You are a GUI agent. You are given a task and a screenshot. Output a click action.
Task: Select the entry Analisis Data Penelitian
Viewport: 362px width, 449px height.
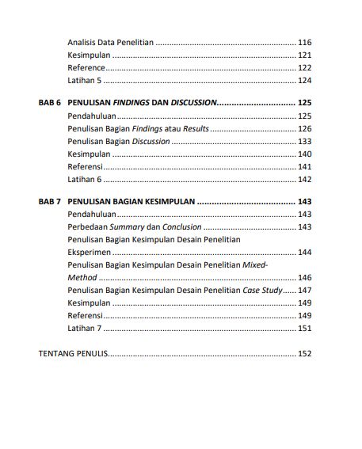111,42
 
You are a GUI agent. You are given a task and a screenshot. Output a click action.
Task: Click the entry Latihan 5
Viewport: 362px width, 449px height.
85,82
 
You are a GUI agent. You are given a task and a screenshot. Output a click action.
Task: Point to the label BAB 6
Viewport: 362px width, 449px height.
50,103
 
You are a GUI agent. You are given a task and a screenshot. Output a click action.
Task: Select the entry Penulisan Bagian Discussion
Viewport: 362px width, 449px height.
119,141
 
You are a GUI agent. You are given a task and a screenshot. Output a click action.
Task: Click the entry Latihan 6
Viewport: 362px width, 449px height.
85,180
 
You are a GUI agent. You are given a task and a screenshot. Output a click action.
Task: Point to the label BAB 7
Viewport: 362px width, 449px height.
50,201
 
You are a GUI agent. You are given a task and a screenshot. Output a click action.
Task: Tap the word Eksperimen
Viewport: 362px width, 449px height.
90,253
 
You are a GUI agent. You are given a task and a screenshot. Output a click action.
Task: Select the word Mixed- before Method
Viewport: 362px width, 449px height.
254,266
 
